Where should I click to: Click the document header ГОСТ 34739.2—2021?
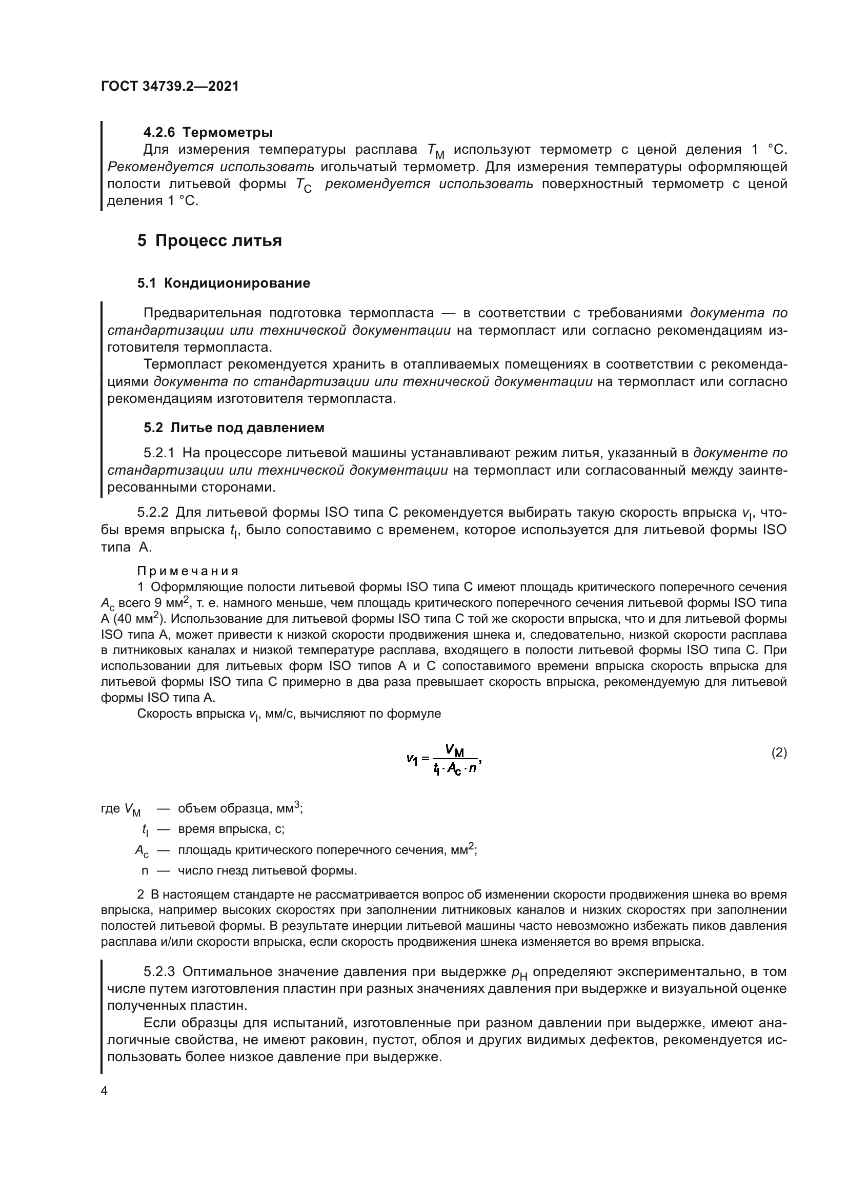[170, 87]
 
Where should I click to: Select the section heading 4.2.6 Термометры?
[208, 133]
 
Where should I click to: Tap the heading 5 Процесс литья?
[209, 241]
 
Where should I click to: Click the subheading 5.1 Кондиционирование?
[224, 283]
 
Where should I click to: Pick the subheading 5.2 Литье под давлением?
[234, 428]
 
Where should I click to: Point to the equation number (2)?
[779, 753]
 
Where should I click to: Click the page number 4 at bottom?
[104, 1091]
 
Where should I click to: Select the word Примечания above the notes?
[188, 571]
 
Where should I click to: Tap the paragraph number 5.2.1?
[159, 453]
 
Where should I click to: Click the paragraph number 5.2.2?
[152, 512]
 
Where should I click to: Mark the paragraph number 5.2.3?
[159, 972]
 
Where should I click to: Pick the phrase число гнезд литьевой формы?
[267, 870]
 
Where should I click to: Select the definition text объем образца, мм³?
[240, 808]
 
